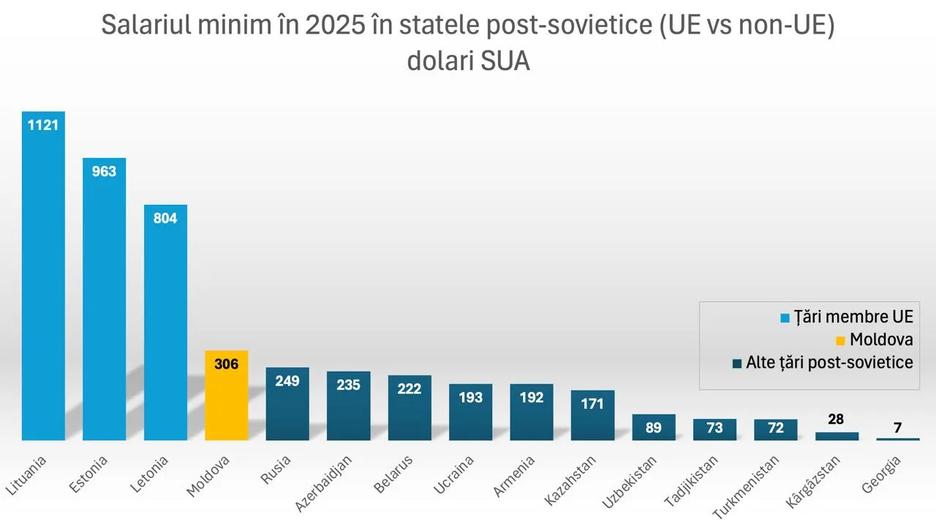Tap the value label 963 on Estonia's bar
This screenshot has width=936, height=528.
coord(104,172)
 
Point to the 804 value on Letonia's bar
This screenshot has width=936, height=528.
coord(165,218)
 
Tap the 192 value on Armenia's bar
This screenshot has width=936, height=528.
coord(532,397)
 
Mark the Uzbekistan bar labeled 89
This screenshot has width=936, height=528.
coord(654,428)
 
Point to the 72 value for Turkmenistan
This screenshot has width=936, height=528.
coord(776,428)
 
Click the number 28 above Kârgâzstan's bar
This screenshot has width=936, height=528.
coord(837,419)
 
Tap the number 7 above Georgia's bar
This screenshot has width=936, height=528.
coord(897,428)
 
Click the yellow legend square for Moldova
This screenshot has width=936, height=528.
coord(840,340)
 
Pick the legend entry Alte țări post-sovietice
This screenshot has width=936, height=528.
coord(829,363)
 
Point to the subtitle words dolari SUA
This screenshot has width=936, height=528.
coord(468,61)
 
